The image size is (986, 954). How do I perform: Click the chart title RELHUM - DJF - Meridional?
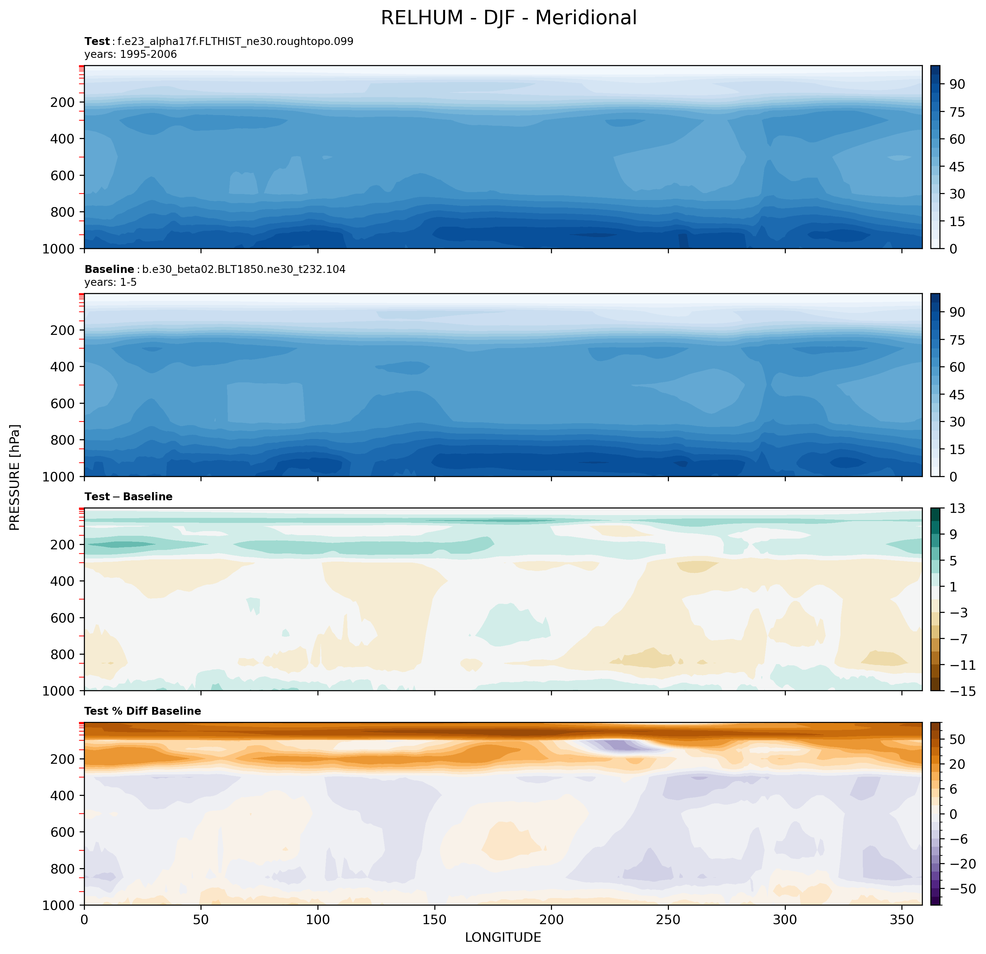tap(509, 18)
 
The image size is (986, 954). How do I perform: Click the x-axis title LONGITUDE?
tap(503, 937)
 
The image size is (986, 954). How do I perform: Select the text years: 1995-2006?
tap(131, 54)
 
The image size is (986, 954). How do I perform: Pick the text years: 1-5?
tap(111, 282)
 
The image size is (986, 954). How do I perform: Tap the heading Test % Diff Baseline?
tap(143, 711)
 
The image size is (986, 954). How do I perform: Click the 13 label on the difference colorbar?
tap(957, 509)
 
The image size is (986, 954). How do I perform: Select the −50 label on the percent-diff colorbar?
tap(962, 889)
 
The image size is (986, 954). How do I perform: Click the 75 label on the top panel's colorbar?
tap(957, 112)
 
